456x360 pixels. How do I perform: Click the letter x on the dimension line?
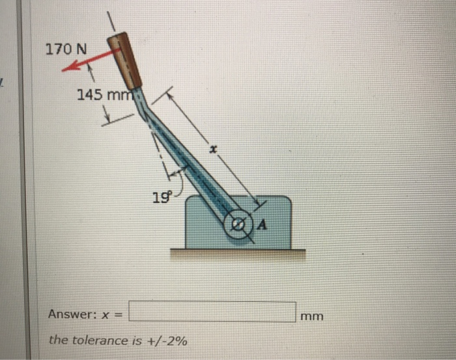212,150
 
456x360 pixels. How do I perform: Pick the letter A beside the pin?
263,226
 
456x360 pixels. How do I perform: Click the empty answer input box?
212,312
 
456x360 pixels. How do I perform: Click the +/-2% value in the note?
167,340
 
